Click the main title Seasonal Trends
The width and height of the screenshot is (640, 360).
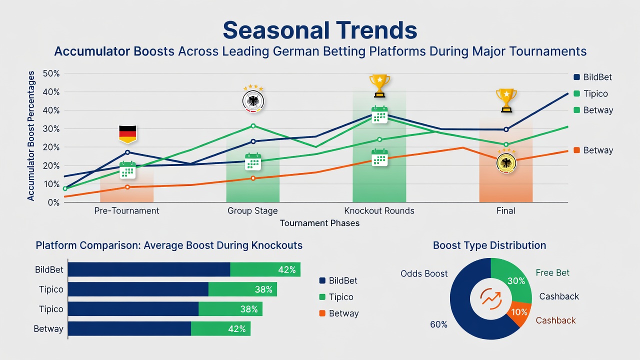319,30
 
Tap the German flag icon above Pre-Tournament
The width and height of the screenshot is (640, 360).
127,133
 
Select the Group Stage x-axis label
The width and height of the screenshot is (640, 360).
252,211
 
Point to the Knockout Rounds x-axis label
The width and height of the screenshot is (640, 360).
379,211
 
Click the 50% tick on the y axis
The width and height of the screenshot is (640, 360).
51,73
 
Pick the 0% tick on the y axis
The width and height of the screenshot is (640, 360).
53,202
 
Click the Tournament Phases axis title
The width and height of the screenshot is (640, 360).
319,223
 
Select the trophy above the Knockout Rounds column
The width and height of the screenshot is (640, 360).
379,86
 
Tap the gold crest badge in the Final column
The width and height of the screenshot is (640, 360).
506,162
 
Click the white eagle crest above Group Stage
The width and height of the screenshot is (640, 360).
253,101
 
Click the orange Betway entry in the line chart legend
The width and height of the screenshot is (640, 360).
593,150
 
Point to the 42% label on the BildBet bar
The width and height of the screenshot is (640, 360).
287,269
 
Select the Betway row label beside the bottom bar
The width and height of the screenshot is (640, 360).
48,328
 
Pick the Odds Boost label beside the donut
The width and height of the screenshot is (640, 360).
424,273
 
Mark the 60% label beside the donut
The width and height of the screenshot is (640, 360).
438,324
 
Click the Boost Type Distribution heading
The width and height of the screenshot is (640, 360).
489,245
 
